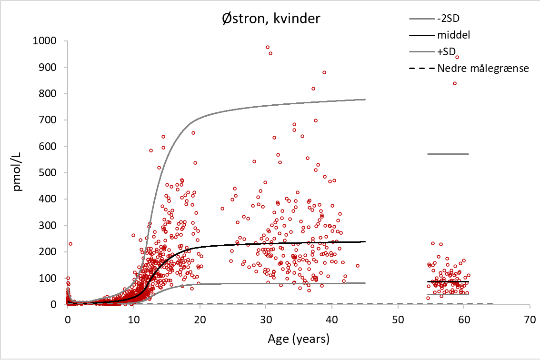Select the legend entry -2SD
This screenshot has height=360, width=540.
pyautogui.click(x=447, y=19)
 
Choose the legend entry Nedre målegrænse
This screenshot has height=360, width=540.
pyautogui.click(x=483, y=69)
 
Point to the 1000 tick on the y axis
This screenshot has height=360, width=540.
pyautogui.click(x=46, y=41)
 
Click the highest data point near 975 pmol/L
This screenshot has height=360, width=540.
pyautogui.click(x=268, y=48)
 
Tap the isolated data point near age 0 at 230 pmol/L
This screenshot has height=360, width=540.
pyautogui.click(x=70, y=244)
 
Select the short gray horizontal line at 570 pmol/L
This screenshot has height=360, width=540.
pyautogui.click(x=448, y=154)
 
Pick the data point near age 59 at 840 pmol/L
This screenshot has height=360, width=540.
pyautogui.click(x=455, y=83)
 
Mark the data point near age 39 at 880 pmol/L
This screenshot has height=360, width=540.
pyautogui.click(x=324, y=72)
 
